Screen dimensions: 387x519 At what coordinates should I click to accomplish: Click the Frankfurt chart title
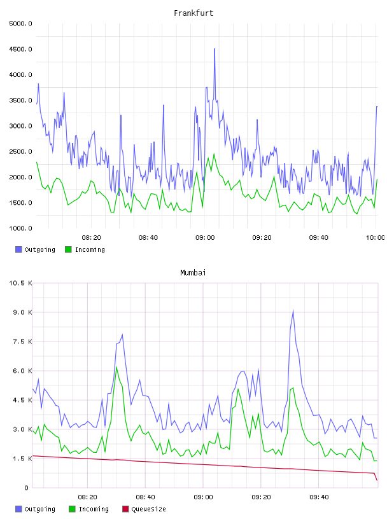click(x=193, y=13)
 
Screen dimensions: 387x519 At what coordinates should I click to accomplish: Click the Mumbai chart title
click(x=193, y=273)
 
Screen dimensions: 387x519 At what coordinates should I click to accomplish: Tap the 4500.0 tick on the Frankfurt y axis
click(x=20, y=50)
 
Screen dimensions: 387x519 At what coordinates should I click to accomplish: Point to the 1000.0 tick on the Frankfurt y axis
click(x=20, y=228)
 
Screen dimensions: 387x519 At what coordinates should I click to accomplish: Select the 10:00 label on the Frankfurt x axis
click(x=375, y=238)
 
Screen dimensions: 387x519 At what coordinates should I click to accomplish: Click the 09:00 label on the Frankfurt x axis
click(x=205, y=238)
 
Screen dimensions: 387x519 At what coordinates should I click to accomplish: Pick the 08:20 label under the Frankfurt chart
click(x=92, y=238)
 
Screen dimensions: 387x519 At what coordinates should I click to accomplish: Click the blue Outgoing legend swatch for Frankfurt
click(x=18, y=249)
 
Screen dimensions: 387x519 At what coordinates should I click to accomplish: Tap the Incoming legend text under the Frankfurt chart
click(x=90, y=249)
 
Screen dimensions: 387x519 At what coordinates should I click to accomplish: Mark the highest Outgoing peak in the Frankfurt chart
click(x=215, y=49)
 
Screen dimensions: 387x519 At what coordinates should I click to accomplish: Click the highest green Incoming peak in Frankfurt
click(x=214, y=154)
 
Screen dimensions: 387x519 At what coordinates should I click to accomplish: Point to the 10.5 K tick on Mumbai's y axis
click(x=20, y=283)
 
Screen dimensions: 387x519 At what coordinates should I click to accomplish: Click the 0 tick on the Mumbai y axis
click(x=27, y=488)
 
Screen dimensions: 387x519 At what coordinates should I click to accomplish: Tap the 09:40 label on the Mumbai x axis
click(x=319, y=497)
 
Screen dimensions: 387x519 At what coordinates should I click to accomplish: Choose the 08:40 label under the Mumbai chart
click(x=145, y=497)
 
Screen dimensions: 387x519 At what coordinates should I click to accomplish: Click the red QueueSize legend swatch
click(x=125, y=509)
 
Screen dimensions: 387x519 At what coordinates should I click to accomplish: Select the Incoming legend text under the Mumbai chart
click(x=94, y=509)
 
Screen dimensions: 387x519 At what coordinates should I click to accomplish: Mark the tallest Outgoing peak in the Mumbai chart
click(x=293, y=310)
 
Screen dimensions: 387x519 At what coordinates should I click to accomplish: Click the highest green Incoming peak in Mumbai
click(x=116, y=367)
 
